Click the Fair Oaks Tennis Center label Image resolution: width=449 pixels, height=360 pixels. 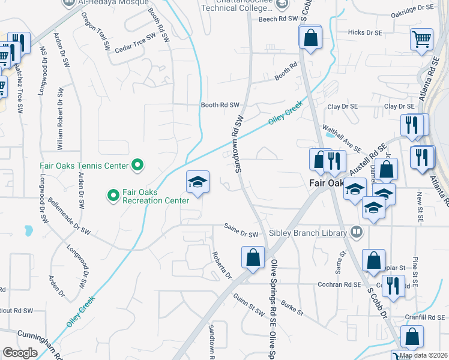point(84,165)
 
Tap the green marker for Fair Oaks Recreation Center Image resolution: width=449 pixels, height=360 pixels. point(112,194)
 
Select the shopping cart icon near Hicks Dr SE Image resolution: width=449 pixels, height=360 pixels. point(421,39)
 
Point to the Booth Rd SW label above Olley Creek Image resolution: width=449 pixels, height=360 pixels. point(220,105)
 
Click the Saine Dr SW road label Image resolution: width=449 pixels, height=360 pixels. point(240,233)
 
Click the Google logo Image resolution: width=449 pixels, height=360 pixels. point(20,352)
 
